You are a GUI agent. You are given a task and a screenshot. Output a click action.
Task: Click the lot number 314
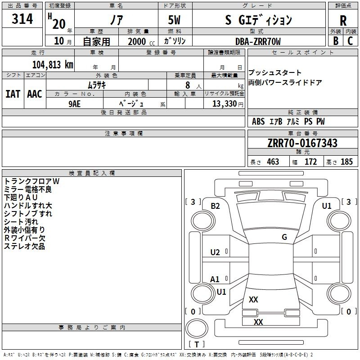click(x=22, y=19)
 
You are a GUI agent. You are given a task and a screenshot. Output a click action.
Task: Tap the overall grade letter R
click(x=343, y=21)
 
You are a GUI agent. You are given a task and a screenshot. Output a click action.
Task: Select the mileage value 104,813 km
click(x=53, y=65)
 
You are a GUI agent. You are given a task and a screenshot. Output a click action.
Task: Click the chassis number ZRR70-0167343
click(x=302, y=143)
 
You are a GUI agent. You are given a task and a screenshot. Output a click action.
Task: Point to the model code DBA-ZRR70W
click(x=258, y=41)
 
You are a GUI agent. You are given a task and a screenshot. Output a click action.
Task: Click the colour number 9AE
click(x=74, y=104)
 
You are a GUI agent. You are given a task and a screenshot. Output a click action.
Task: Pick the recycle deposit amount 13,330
click(x=225, y=103)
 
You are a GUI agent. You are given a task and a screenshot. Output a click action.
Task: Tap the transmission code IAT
click(x=13, y=94)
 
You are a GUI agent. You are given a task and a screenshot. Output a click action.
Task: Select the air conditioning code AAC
click(x=35, y=94)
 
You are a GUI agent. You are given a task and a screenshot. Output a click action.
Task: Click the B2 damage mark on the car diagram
click(x=215, y=206)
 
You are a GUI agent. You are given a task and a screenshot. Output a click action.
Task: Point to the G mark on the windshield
click(x=284, y=237)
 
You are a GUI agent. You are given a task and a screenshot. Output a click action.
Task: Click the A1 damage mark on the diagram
click(x=215, y=279)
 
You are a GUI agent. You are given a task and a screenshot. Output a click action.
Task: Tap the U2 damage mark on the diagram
click(x=215, y=252)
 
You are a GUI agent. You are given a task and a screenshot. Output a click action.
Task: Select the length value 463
click(x=273, y=162)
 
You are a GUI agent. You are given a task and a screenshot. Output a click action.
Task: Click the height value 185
click(x=346, y=162)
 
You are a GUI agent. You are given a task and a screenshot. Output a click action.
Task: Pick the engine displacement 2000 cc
click(x=141, y=41)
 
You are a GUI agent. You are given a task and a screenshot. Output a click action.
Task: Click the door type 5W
click(x=174, y=20)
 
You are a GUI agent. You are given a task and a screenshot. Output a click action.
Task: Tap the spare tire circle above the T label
click(x=197, y=328)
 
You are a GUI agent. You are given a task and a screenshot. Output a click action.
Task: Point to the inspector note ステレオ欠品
click(x=24, y=246)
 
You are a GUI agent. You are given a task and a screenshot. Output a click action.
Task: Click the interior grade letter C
click(x=350, y=41)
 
